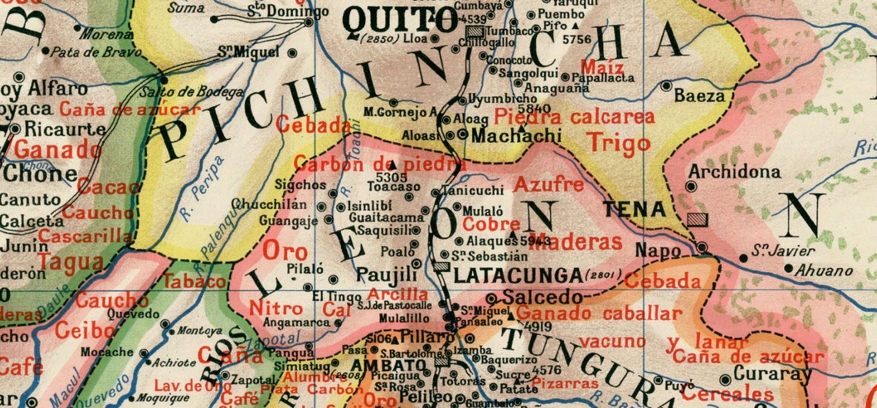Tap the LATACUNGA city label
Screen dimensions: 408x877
click(517, 274)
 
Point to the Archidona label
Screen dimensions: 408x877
click(723, 172)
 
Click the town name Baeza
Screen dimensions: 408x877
click(699, 96)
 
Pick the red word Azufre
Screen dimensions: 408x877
click(549, 184)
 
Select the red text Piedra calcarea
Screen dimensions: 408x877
click(574, 117)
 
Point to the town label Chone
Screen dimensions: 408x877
click(40, 174)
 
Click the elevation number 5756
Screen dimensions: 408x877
click(576, 39)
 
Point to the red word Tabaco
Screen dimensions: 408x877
click(194, 281)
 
